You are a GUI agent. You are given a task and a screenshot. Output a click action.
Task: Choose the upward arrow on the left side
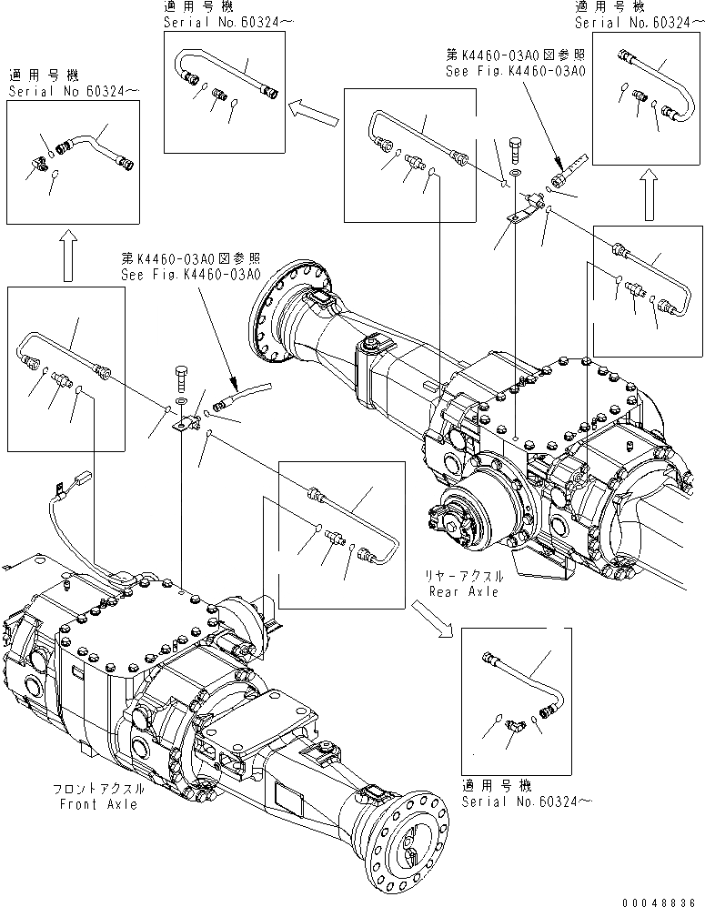(x=65, y=257)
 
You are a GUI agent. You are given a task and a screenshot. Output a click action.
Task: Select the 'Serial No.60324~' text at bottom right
(x=519, y=801)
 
